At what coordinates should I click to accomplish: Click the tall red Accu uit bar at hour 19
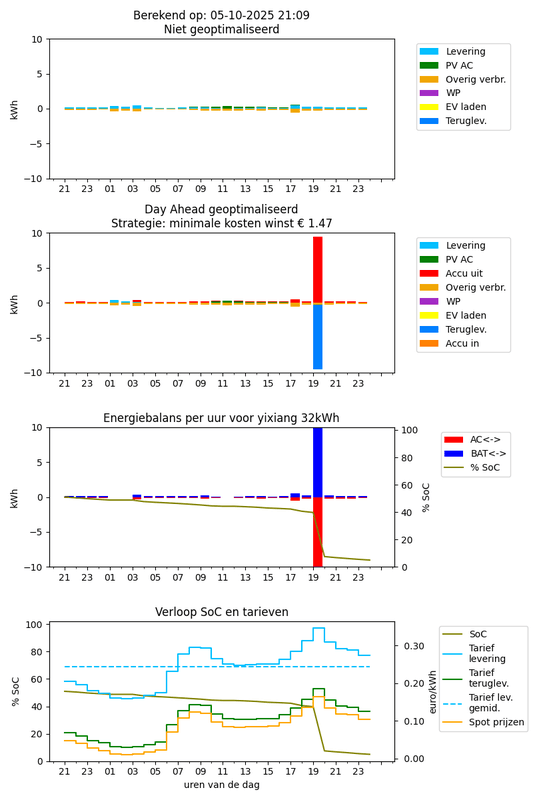click(318, 268)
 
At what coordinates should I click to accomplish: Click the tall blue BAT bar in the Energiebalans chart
click(318, 460)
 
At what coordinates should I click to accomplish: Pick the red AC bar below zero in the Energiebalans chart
click(318, 532)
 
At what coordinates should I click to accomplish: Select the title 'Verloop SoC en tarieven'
click(221, 612)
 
